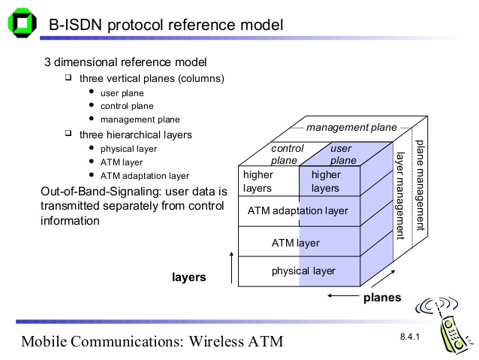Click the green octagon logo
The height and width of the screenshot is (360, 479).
(22, 23)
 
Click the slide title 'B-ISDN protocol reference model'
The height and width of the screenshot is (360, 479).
(166, 25)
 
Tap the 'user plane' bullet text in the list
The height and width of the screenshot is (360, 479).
(122, 93)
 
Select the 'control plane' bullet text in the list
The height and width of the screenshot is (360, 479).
(127, 106)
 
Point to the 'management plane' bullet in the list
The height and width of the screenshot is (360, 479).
(140, 119)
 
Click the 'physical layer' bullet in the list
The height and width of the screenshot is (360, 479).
(128, 149)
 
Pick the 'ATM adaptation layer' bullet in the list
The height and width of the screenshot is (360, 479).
(145, 176)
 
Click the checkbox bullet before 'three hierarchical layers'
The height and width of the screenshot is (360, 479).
(68, 133)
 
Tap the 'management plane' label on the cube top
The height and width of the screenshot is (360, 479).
(351, 127)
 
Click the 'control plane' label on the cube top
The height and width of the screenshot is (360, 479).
(287, 154)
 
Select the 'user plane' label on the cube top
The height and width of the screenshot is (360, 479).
(343, 154)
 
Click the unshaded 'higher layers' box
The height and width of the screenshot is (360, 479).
(269, 181)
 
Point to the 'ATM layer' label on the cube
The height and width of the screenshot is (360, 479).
(295, 243)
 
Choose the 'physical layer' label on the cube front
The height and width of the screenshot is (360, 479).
(303, 271)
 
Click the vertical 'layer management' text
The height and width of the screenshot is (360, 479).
(400, 195)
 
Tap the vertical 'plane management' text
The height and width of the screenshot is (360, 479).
(420, 186)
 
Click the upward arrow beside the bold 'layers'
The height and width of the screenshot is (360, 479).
(231, 268)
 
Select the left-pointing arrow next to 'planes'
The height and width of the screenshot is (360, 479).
(343, 296)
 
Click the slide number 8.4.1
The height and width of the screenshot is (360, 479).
(410, 337)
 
